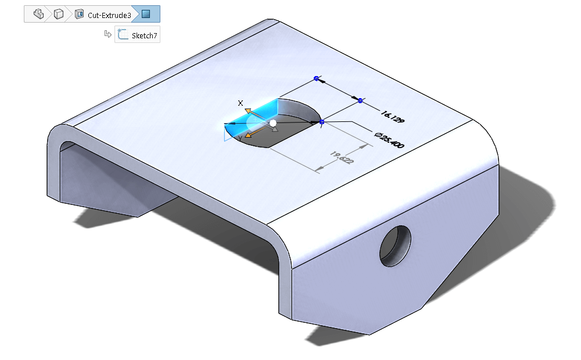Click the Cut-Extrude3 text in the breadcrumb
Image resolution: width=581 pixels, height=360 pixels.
(x=109, y=15)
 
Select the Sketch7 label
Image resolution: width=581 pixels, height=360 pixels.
(x=145, y=35)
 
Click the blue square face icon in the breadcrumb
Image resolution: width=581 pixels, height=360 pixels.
(x=146, y=14)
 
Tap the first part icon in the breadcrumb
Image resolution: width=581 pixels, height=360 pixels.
(x=38, y=14)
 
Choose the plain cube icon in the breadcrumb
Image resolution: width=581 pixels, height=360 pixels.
(x=59, y=14)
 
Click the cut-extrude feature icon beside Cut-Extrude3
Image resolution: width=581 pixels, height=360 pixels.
(x=79, y=15)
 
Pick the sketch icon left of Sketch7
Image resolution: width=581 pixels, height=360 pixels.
(x=123, y=34)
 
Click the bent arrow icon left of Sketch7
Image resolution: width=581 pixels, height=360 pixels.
(x=108, y=34)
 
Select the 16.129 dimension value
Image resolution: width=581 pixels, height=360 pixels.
(x=392, y=117)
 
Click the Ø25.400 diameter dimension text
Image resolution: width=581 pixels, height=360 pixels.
(x=389, y=140)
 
